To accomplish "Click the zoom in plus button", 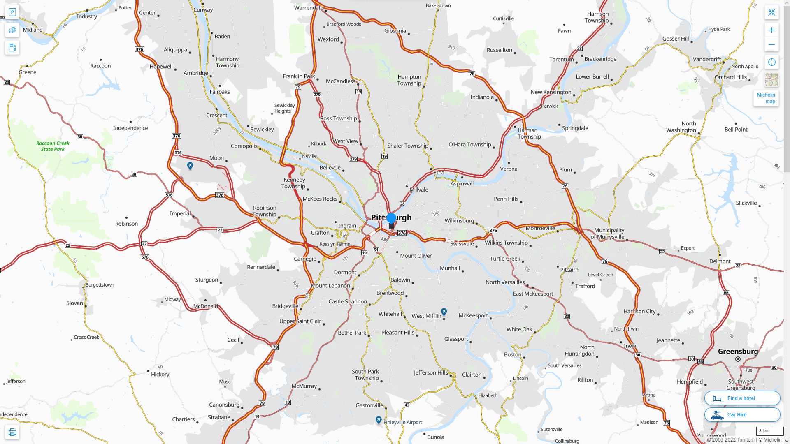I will (771, 30).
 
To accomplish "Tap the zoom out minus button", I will (771, 44).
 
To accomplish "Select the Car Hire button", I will (742, 415).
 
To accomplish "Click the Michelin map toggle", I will (766, 98).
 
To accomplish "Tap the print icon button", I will (12, 432).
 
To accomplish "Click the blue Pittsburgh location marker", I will (391, 218).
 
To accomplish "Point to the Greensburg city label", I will (738, 351).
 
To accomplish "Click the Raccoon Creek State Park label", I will (53, 146).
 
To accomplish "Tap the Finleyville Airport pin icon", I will (379, 420).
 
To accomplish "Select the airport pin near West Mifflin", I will (444, 312).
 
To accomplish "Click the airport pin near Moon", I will (190, 166).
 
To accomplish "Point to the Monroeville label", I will (540, 228).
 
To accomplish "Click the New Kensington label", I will (551, 92).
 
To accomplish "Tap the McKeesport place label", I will (473, 315).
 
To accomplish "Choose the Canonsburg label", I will (224, 405).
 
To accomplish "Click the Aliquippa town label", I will (175, 50).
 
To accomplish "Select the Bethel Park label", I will (352, 333).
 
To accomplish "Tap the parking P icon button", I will (12, 12).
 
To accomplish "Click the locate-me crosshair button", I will (771, 62).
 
